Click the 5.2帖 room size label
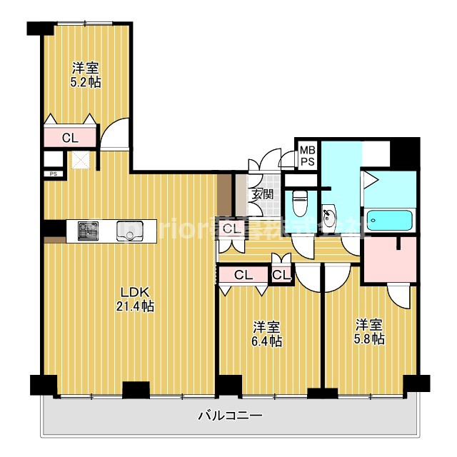[x=86, y=75]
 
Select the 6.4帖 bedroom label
[x=267, y=333]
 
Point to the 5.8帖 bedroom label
[x=370, y=331]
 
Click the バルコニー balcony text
[x=230, y=415]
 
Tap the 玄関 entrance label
[x=261, y=194]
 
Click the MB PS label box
[x=307, y=156]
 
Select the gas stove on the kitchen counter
[x=89, y=231]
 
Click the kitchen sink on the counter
[x=131, y=231]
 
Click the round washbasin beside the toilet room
[x=330, y=217]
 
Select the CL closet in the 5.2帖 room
[x=69, y=138]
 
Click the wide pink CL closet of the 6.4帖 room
[x=243, y=274]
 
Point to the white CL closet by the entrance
[x=230, y=229]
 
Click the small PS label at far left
[x=53, y=174]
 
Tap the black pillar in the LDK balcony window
[x=136, y=390]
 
